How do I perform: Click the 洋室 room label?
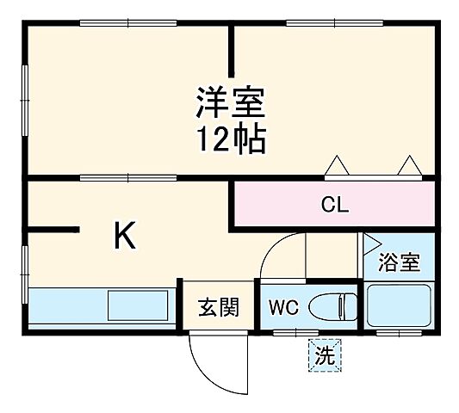coord(230,105)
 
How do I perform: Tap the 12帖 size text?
coord(230,139)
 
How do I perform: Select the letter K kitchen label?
coord(125,237)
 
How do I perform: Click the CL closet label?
coord(334,206)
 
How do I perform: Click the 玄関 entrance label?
coord(217,307)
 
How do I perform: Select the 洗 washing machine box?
coord(325,354)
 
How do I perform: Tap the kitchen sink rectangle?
coord(138,305)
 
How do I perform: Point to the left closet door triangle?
coord(337,164)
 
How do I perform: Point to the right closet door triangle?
coord(407,164)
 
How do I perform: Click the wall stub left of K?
coord(53,230)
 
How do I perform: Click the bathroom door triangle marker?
coord(371,243)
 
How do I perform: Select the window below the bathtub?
coord(398,330)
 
